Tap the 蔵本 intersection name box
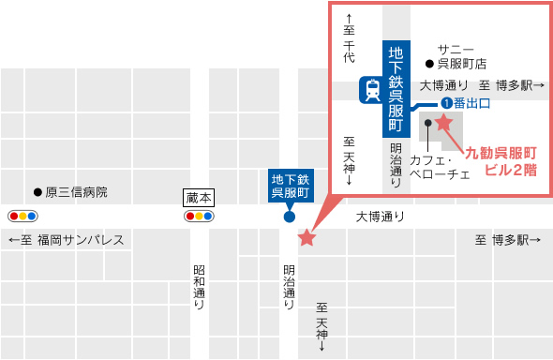click(199, 197)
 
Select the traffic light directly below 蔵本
click(199, 216)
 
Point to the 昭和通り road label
click(199, 286)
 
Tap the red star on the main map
click(306, 238)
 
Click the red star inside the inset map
click(444, 122)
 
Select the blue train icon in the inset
click(372, 91)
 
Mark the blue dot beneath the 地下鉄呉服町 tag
click(290, 217)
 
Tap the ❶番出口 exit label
click(467, 103)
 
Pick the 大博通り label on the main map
click(381, 217)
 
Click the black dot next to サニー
click(429, 65)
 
